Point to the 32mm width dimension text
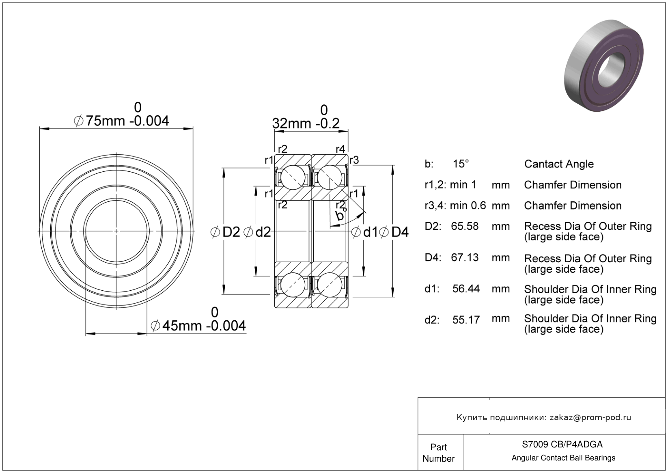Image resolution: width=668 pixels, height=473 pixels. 306,123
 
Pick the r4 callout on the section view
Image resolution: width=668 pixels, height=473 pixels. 340,149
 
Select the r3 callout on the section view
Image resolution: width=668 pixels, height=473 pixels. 354,160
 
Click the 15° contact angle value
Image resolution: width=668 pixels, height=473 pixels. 461,164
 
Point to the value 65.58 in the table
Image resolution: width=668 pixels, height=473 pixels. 465,226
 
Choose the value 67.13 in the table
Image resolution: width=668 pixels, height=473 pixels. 465,257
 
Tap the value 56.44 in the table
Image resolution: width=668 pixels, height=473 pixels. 466,289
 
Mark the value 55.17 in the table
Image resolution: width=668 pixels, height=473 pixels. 466,320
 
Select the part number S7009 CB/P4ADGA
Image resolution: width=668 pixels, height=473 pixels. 562,444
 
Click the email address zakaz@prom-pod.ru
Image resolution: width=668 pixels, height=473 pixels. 590,417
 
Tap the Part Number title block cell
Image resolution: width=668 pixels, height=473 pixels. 438,453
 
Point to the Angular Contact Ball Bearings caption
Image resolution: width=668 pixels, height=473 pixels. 563,458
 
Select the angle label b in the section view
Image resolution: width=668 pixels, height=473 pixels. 339,216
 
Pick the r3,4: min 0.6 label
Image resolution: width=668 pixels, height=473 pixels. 455,205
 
